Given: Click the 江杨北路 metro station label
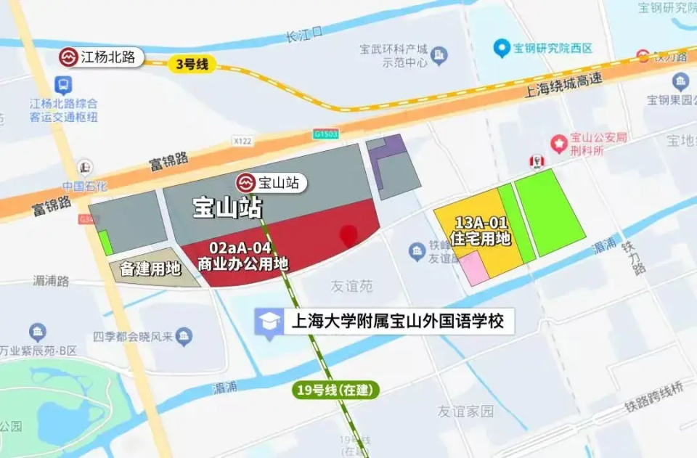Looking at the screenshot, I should click(x=101, y=57).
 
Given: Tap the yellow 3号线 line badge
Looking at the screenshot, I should click(x=192, y=64).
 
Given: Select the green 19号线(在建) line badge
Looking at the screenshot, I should click(x=336, y=390).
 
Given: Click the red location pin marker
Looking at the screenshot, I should click(x=349, y=235).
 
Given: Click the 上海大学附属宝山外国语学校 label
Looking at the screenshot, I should click(x=396, y=320).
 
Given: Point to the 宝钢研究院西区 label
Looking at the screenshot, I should click(x=552, y=49).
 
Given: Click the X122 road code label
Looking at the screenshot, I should click(x=242, y=140).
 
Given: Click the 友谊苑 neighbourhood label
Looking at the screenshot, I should click(x=352, y=286).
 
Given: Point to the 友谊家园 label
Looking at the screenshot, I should click(x=465, y=411).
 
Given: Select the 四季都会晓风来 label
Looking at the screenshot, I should click(x=133, y=336).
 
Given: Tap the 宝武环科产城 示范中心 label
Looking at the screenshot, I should click(x=394, y=56).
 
